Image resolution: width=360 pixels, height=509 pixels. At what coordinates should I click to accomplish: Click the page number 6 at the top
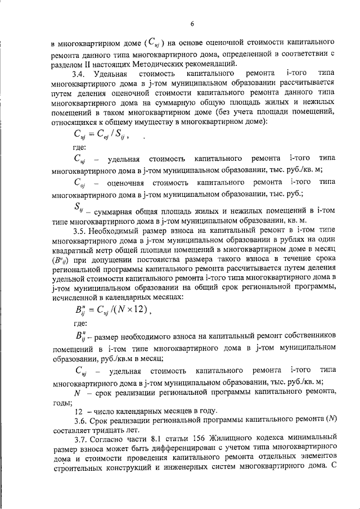192,24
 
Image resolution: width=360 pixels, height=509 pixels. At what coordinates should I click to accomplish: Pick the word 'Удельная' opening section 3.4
110,74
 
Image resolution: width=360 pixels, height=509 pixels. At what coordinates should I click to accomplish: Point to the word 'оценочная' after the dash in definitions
125,183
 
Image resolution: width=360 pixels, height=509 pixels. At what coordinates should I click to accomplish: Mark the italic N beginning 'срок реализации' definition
76,393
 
